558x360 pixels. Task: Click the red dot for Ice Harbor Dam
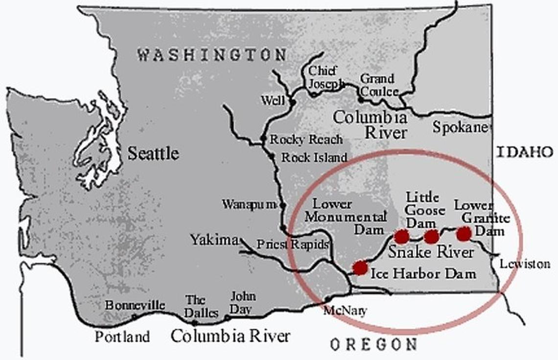(360, 268)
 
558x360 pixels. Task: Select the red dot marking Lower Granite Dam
(464, 234)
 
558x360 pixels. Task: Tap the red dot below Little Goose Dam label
(431, 237)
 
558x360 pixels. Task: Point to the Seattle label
(153, 154)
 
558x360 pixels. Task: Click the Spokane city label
(460, 127)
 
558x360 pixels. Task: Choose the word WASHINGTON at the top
(211, 54)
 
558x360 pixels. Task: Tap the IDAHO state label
(525, 152)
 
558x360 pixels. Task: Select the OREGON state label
(373, 345)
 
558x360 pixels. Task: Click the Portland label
(122, 337)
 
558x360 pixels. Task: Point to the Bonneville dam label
(135, 305)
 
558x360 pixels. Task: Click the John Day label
(243, 303)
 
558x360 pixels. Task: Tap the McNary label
(345, 311)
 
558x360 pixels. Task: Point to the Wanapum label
(249, 204)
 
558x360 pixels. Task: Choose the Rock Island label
(314, 157)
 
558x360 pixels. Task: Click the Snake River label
(431, 252)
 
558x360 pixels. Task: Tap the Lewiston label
(525, 264)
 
